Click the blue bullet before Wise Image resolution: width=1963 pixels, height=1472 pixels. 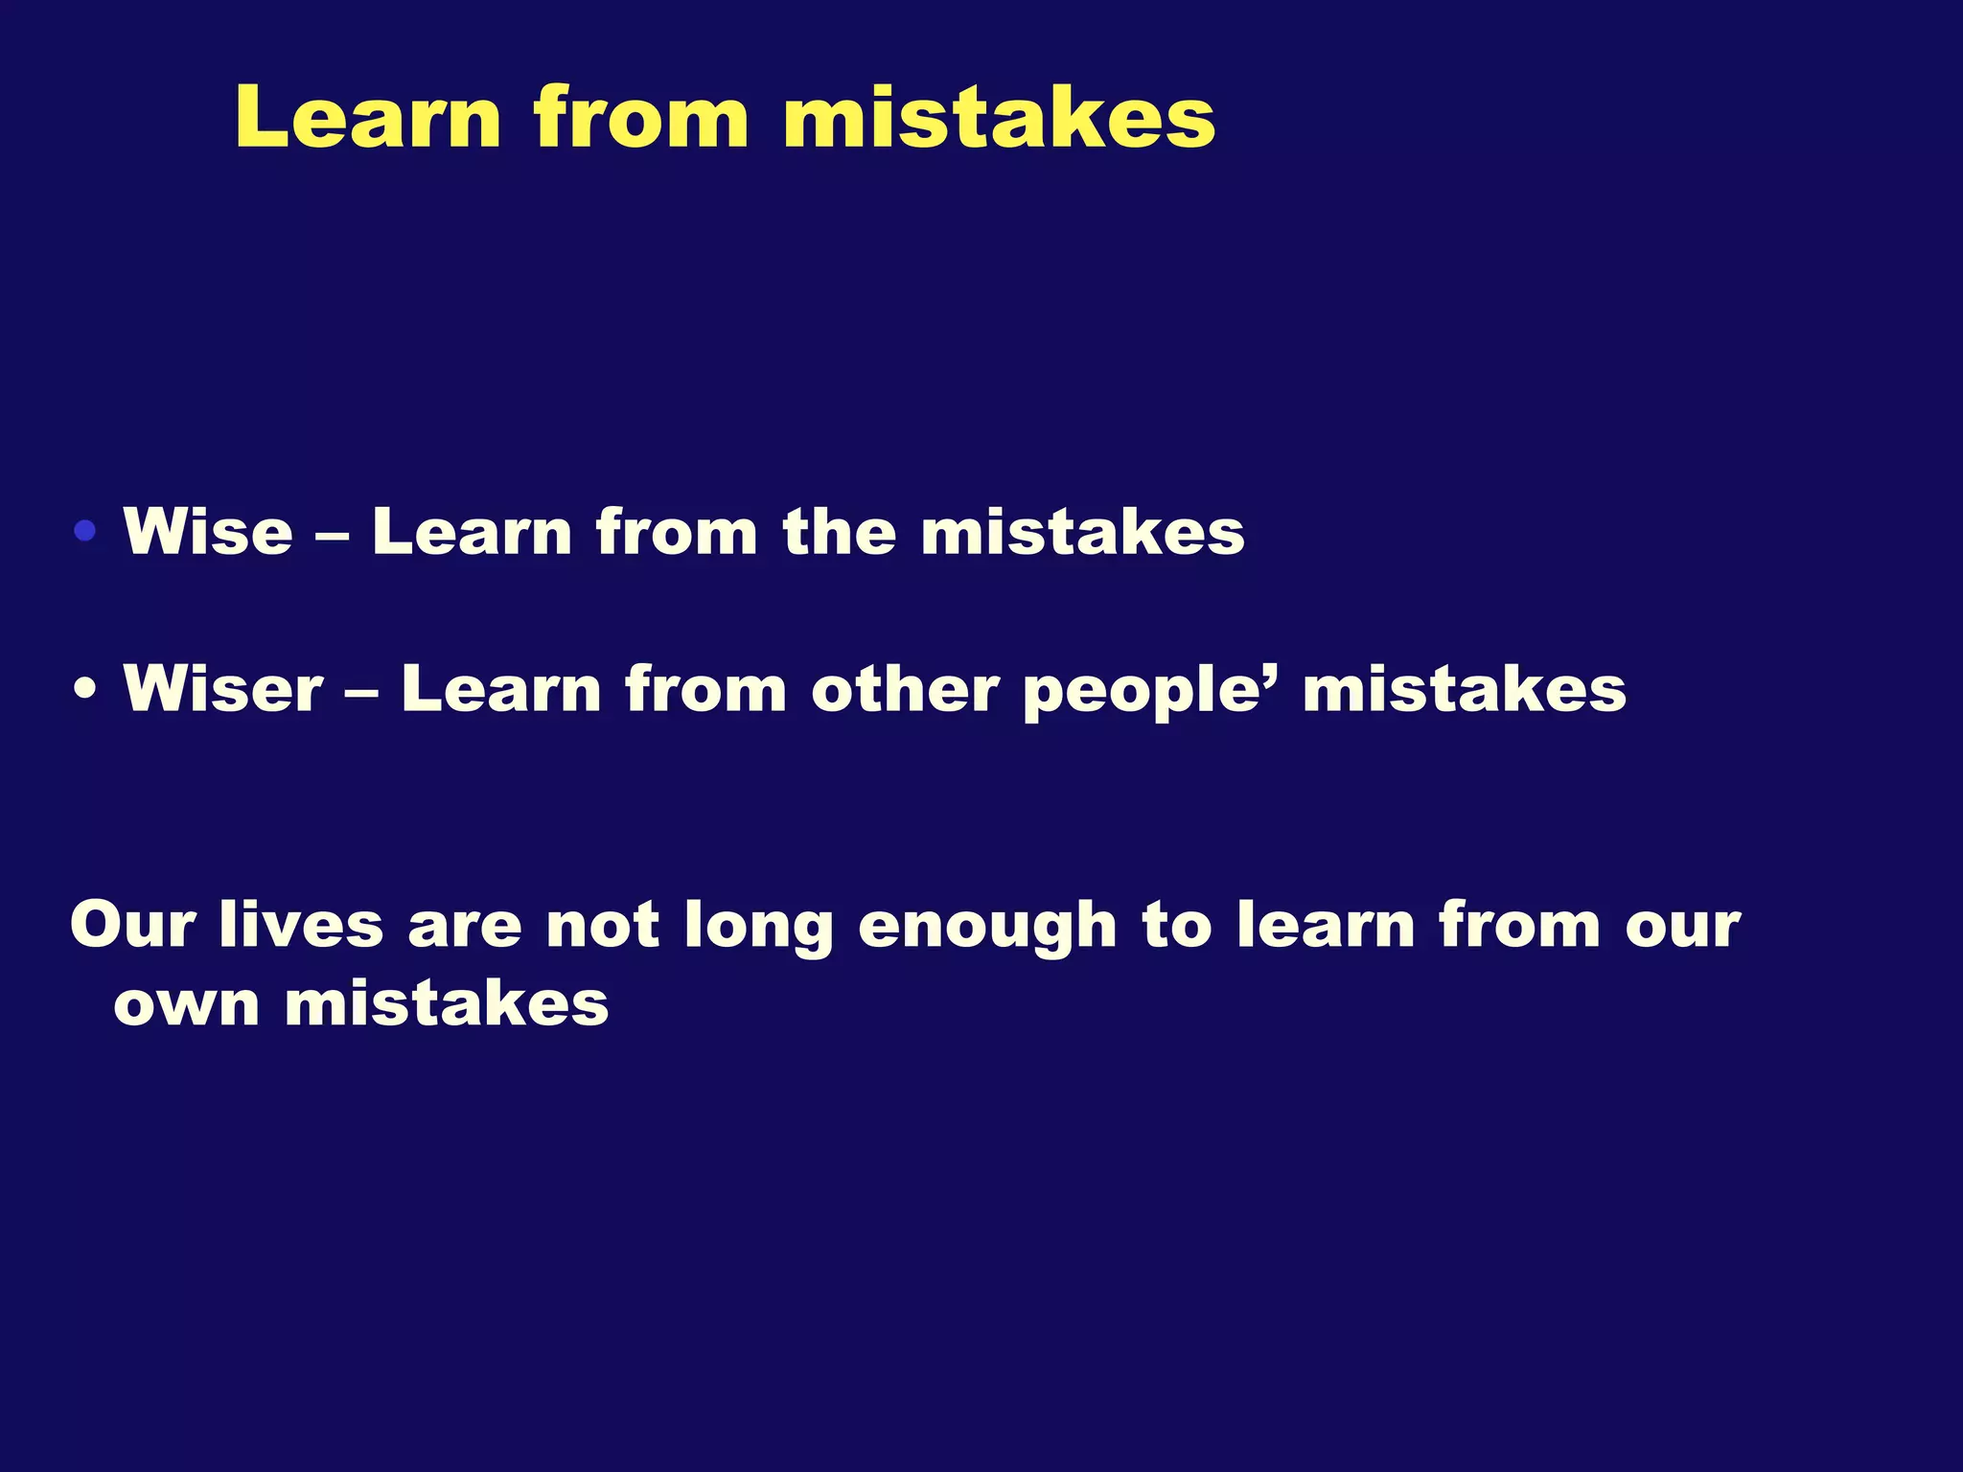click(85, 531)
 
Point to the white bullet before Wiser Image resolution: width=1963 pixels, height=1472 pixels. click(85, 689)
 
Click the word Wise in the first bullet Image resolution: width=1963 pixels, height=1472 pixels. click(208, 531)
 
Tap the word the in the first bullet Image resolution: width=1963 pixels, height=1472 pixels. click(839, 531)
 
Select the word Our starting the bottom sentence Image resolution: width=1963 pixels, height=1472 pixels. click(132, 926)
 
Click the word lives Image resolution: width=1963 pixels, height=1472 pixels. click(301, 926)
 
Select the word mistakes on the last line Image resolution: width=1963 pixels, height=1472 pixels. click(447, 1004)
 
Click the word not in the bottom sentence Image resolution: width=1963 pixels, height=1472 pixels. click(602, 926)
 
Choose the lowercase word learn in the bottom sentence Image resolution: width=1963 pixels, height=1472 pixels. click(1326, 926)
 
